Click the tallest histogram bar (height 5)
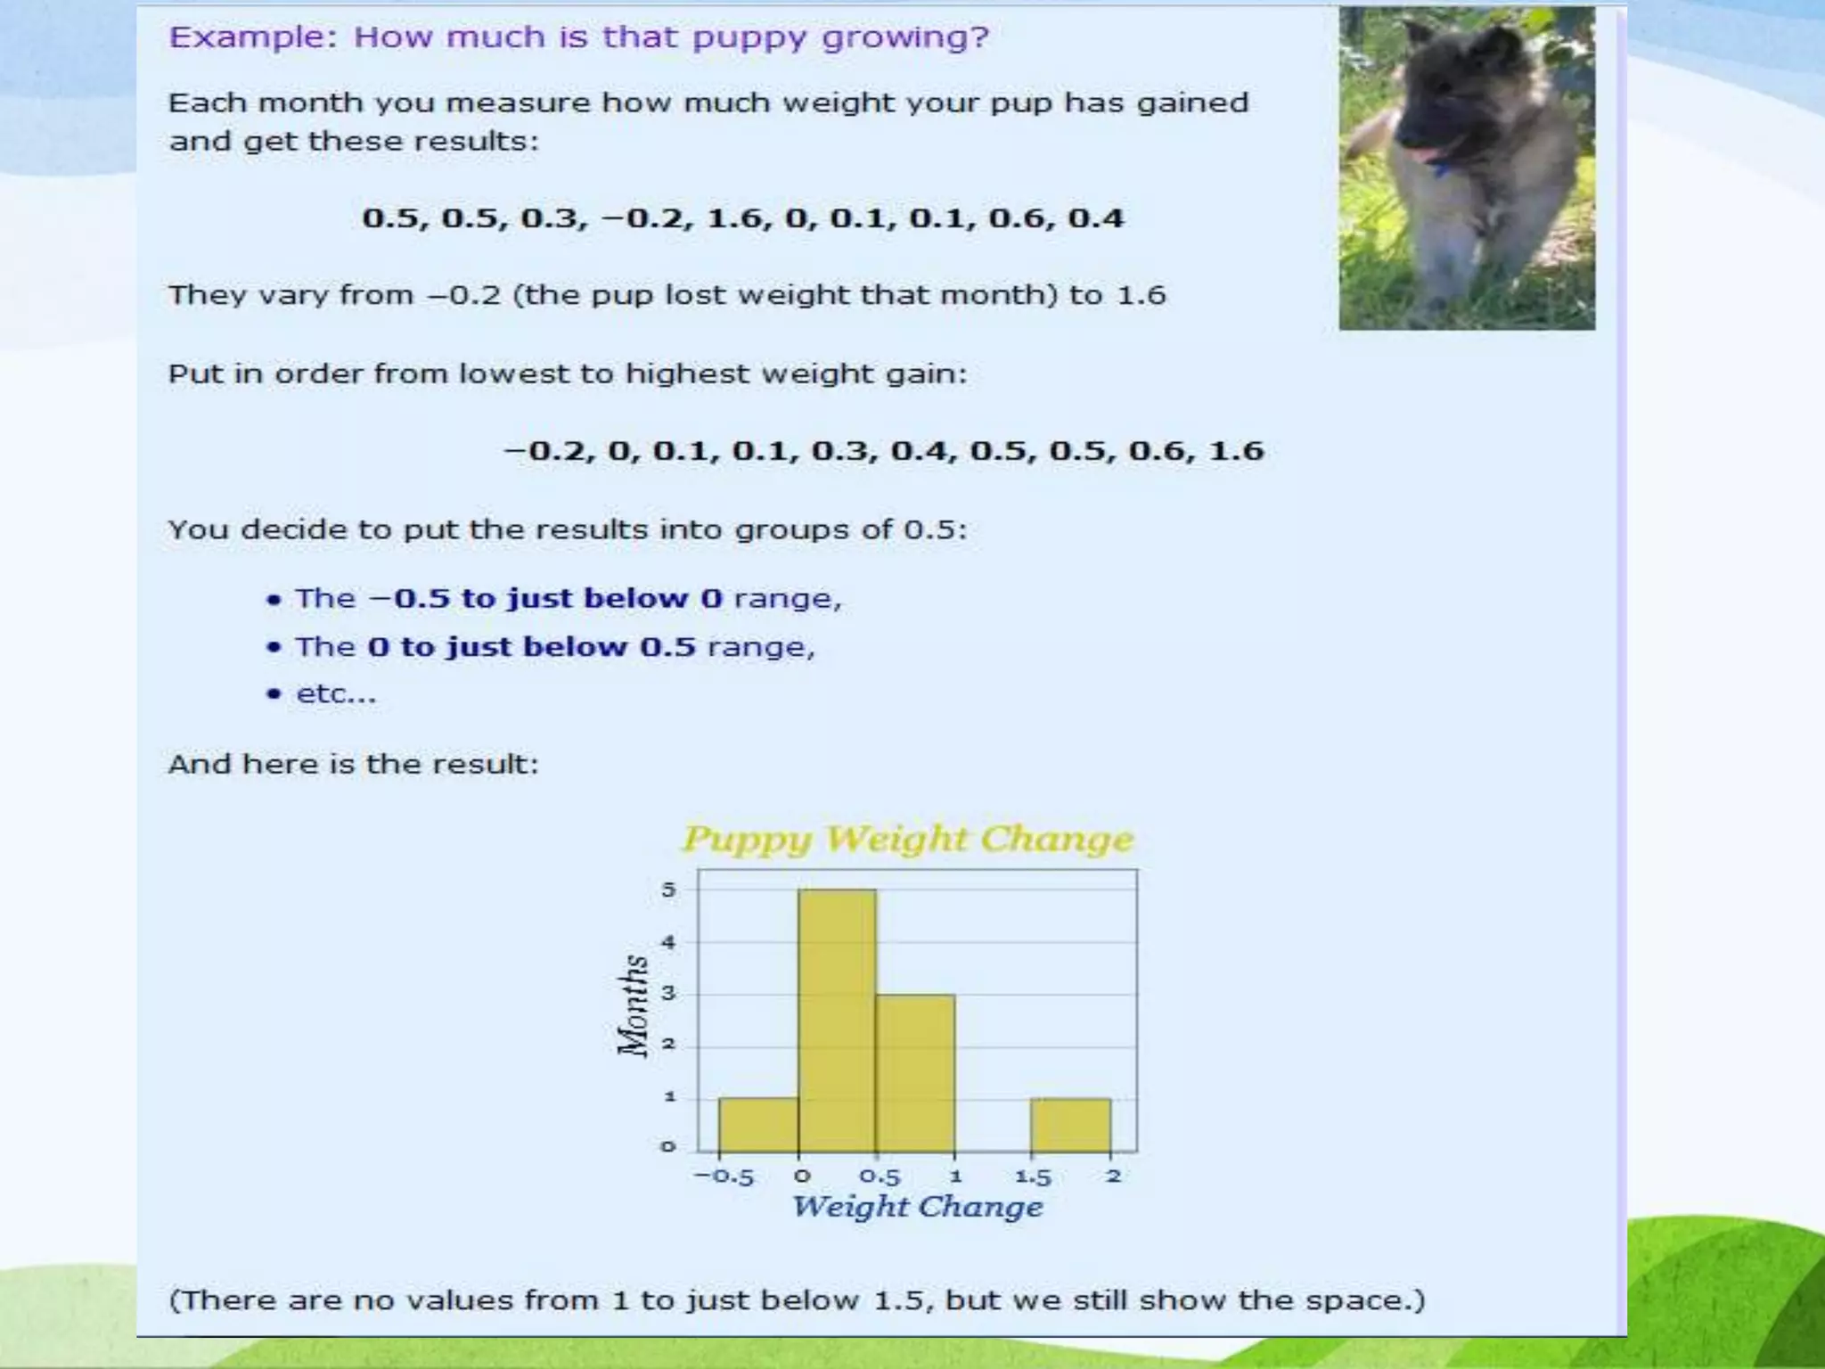[x=837, y=1021]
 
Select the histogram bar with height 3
[x=915, y=1073]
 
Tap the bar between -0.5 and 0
[x=758, y=1125]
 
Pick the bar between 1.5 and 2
[x=1071, y=1125]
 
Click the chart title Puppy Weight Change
[x=908, y=840]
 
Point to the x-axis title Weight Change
[x=917, y=1207]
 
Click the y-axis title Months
[x=633, y=1005]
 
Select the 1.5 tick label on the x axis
[x=1033, y=1177]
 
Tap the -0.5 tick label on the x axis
[x=724, y=1177]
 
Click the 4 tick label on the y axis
[x=668, y=942]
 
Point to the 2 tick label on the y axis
[x=668, y=1045]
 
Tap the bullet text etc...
[x=336, y=694]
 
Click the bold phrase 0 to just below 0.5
[x=531, y=647]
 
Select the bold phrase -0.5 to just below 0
[x=545, y=598]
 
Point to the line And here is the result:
[x=354, y=765]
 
